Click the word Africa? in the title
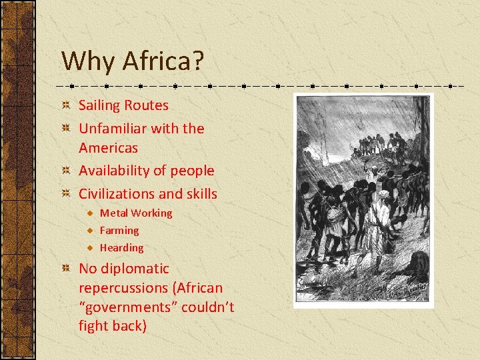tap(163, 62)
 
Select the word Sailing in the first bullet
tap(99, 105)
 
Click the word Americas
tap(108, 147)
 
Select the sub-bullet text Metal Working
tap(136, 213)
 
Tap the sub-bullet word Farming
tap(119, 231)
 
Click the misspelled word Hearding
tap(121, 248)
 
